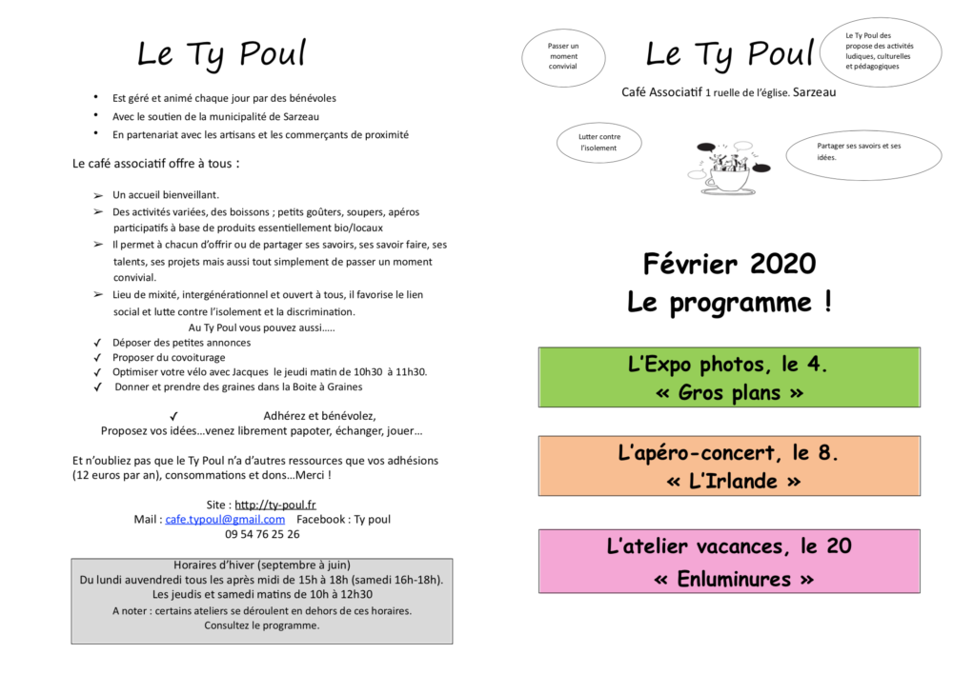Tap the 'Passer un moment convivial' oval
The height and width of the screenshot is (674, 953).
coord(563,56)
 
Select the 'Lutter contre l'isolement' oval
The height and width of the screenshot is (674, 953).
coord(599,143)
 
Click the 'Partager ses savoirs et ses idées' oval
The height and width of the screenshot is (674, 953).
coord(863,152)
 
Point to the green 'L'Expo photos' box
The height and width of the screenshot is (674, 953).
coord(729,378)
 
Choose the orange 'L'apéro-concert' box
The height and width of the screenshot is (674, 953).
coord(729,466)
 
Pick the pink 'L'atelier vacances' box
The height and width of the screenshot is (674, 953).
coord(729,562)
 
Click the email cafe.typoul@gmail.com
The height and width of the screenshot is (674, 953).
coord(225,519)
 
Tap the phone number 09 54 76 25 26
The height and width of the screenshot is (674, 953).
coord(262,534)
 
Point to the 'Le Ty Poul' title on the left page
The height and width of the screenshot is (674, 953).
coord(221,53)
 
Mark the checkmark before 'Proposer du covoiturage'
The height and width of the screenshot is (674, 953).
coord(97,357)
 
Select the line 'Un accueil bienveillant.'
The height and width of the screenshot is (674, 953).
coord(166,194)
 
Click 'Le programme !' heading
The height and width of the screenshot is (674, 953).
coord(729,303)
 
